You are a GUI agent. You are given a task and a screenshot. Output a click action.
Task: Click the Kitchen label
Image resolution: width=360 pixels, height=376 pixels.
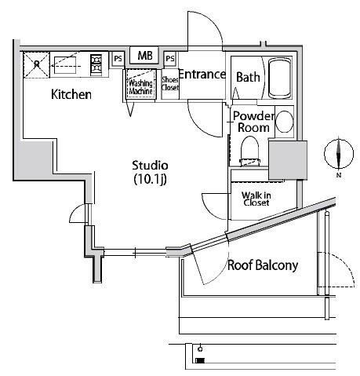coord(71,94)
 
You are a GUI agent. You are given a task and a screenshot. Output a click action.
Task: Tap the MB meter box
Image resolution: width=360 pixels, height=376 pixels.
coord(144,55)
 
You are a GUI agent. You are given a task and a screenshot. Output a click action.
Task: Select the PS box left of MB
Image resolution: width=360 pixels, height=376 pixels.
coord(118,59)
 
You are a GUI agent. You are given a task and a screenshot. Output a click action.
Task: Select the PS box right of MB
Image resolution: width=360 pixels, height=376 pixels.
coord(170,58)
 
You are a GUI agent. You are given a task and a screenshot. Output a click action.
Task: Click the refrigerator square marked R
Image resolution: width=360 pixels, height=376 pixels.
coord(37,64)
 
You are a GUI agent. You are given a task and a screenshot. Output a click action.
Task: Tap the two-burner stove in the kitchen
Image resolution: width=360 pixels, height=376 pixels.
coord(96,65)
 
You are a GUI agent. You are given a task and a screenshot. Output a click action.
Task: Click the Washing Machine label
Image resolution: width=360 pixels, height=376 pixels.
coord(140,87)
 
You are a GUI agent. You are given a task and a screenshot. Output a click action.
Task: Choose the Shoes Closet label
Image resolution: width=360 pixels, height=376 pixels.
coord(170,83)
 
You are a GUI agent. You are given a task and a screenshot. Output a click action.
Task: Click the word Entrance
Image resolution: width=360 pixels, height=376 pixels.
coord(202,75)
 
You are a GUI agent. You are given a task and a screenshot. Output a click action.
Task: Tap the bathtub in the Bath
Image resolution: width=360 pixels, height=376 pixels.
coord(280,78)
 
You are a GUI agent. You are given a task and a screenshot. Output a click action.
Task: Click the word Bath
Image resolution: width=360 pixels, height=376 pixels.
coord(248,77)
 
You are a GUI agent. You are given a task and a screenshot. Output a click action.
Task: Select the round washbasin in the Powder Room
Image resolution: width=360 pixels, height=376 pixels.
coord(285,122)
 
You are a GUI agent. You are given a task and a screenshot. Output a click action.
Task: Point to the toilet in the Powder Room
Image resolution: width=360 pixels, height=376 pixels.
coord(250,151)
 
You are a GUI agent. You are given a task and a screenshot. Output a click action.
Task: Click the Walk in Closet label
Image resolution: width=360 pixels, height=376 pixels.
coord(256,199)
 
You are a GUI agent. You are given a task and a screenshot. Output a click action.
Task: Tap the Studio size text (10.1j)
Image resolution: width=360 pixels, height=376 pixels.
coord(150,179)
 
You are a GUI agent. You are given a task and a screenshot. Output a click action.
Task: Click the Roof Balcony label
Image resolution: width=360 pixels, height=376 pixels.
coord(263,265)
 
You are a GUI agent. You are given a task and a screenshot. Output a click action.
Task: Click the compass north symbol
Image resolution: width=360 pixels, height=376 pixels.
coord(339,154)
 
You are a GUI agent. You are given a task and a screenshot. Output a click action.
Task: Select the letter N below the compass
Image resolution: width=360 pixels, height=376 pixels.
coord(339,175)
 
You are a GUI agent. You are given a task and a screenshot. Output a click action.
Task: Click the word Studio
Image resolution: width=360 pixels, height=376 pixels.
coord(150,166)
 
